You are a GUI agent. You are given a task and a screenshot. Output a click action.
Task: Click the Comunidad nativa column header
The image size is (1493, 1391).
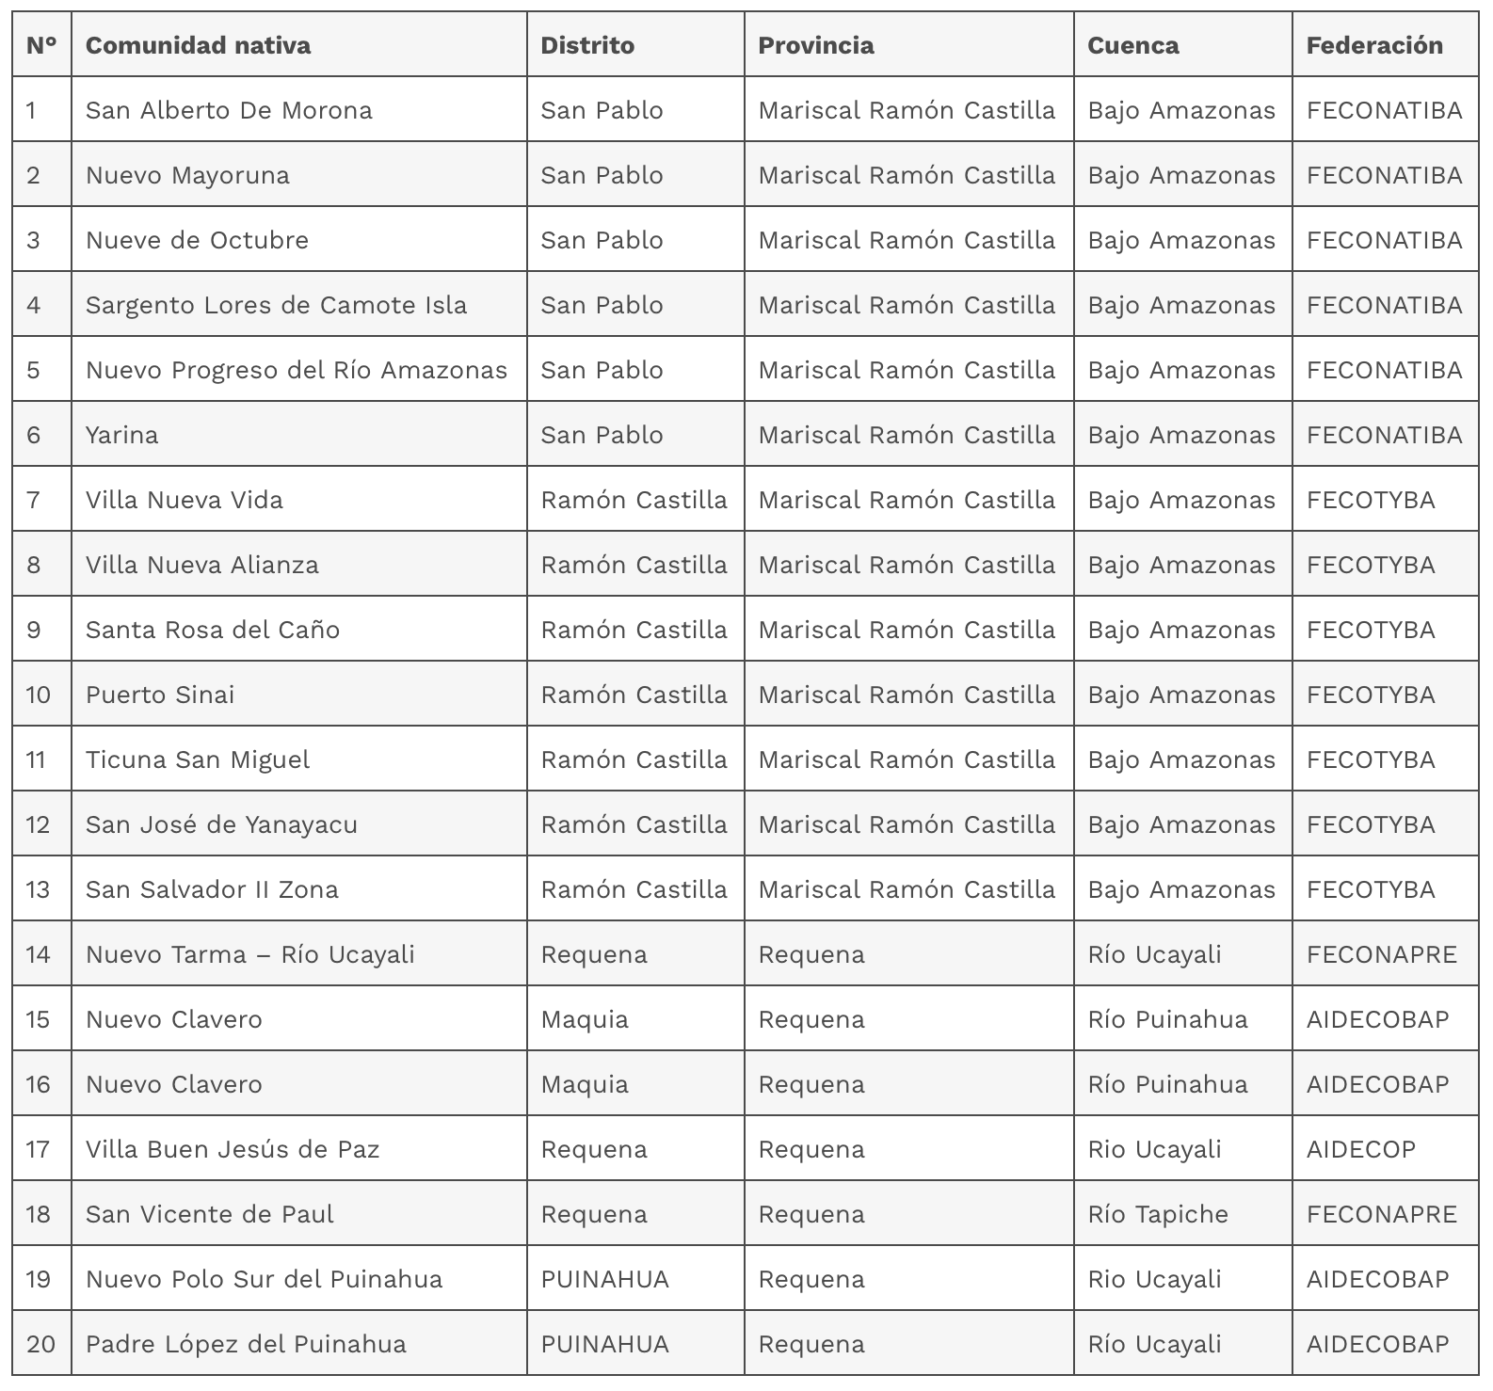pos(198,45)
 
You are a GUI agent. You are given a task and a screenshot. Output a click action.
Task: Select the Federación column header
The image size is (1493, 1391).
pos(1373,45)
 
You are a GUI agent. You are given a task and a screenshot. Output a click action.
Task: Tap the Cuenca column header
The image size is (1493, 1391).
pos(1132,45)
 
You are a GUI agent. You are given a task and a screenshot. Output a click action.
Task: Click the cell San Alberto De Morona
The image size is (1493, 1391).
pos(229,110)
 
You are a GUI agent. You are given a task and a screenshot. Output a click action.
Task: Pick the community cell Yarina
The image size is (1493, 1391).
pos(122,435)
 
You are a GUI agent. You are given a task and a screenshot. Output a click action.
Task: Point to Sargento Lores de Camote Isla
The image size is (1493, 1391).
pos(276,305)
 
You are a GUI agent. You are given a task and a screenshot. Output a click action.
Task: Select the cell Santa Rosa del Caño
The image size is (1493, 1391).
pos(213,630)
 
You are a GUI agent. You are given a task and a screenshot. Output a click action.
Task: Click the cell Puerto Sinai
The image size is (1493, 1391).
pos(160,695)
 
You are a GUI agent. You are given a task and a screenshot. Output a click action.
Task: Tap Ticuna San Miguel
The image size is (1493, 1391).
pos(198,759)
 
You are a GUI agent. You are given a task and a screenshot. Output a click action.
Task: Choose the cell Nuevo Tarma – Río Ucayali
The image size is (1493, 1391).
pos(250,954)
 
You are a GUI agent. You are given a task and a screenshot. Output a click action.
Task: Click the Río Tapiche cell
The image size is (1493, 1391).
pos(1158,1214)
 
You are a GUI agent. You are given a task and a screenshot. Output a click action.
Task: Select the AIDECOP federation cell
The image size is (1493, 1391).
pos(1360,1149)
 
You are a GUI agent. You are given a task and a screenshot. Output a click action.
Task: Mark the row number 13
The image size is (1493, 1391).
pos(38,889)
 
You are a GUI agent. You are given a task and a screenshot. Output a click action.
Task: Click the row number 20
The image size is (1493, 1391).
pos(40,1344)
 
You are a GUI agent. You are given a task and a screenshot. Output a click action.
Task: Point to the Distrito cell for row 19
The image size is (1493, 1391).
pos(604,1279)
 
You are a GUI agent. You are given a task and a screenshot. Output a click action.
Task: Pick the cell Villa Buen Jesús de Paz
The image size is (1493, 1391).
pos(233,1149)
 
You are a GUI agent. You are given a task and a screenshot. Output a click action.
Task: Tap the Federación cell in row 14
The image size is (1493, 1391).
pos(1381,954)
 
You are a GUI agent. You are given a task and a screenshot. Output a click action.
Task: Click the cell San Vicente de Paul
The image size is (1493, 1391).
pos(210,1214)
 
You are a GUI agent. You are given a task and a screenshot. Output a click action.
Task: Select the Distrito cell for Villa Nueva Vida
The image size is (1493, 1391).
pos(634,500)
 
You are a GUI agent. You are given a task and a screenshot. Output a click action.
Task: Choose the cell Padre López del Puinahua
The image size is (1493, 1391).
pos(246,1344)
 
